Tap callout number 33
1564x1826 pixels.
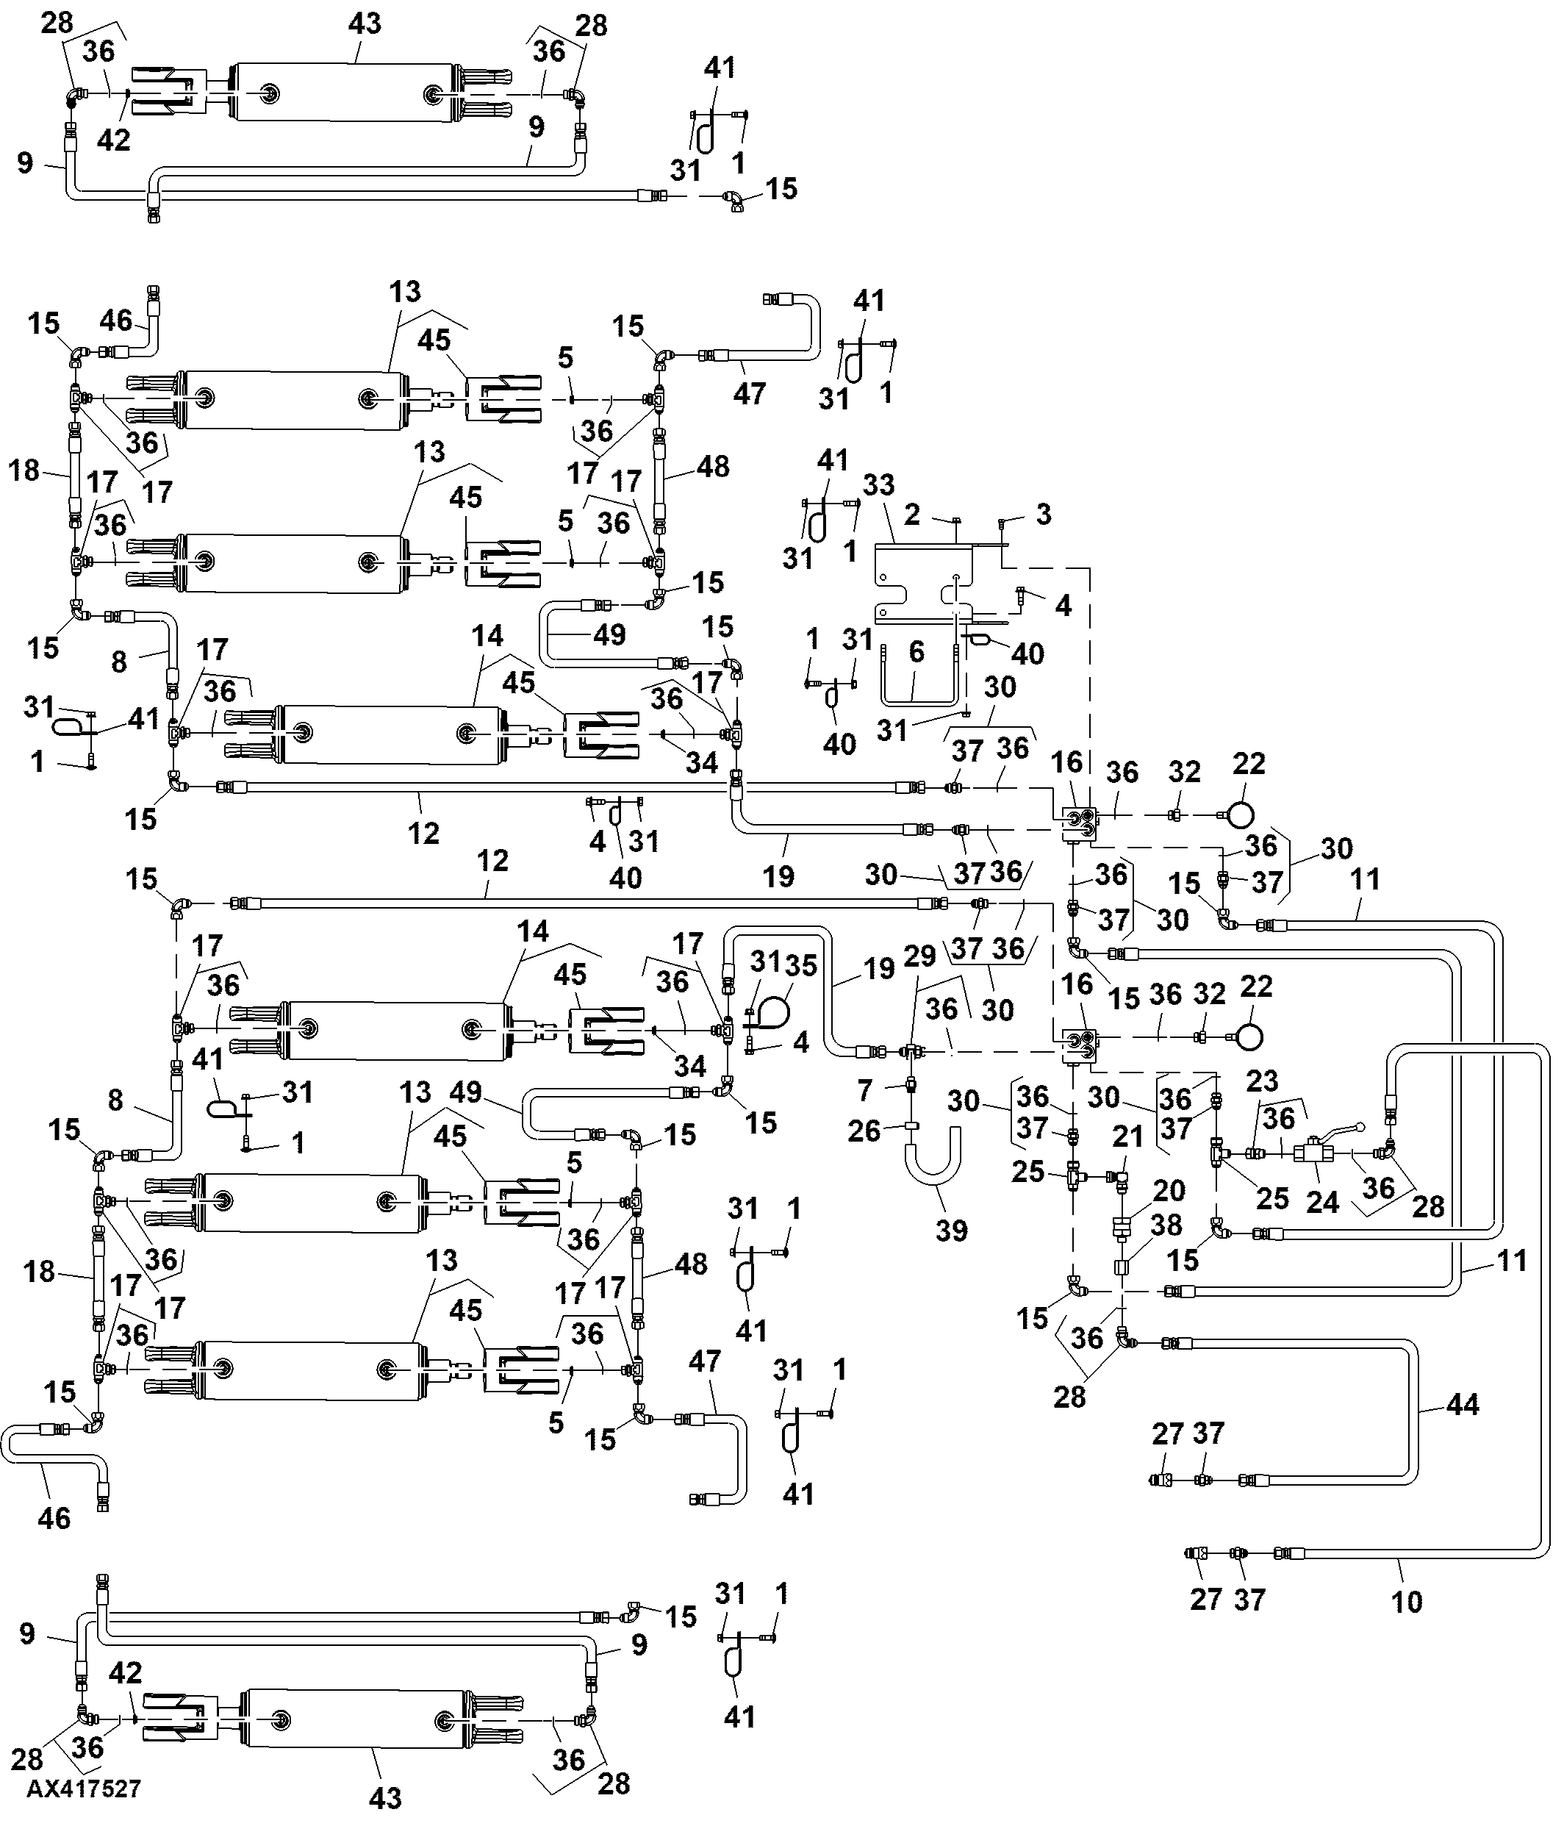coord(878,484)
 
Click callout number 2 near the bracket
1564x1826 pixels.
coord(913,514)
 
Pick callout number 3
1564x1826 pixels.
coord(1043,514)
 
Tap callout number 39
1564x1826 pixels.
coord(952,1231)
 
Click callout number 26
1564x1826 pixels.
coord(864,1130)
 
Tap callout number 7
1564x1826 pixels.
coord(864,1091)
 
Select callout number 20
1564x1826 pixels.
coord(1169,1191)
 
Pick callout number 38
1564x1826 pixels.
coord(1166,1226)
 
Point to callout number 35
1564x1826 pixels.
coord(801,965)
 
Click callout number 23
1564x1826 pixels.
coord(1263,1081)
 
